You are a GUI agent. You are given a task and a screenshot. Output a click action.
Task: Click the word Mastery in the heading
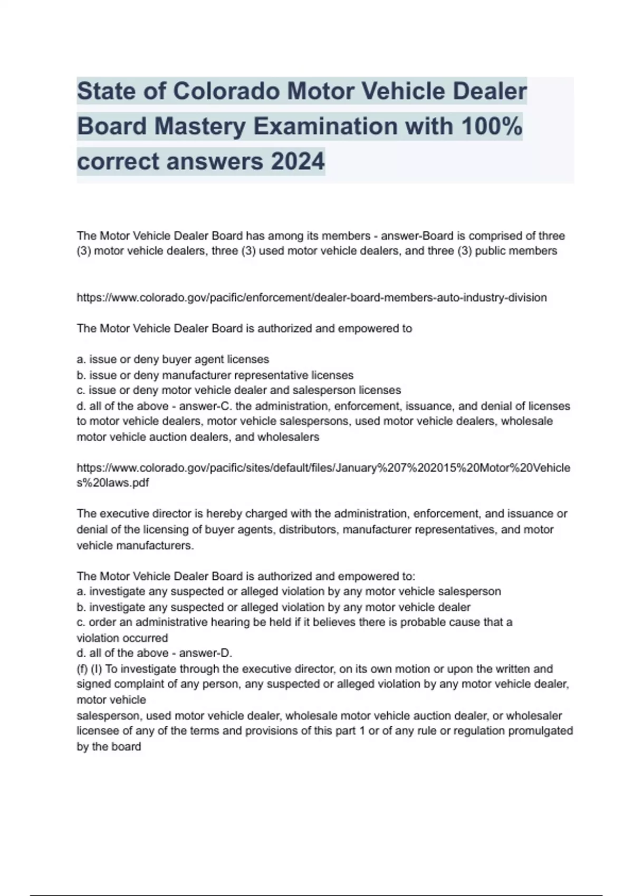pos(200,126)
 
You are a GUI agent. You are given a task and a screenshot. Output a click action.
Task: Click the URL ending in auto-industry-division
pos(311,298)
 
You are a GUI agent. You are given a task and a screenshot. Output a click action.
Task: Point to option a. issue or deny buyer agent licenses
pos(173,359)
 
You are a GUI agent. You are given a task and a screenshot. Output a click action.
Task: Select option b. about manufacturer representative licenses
pos(215,375)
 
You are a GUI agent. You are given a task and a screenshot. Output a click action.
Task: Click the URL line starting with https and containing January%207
pos(323,468)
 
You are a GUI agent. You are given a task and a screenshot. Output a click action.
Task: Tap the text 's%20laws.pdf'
pos(113,483)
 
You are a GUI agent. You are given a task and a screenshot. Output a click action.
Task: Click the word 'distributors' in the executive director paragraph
pos(308,530)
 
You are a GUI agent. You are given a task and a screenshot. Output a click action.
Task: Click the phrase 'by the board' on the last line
pos(109,747)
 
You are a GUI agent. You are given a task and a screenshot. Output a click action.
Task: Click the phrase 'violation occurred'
pos(122,638)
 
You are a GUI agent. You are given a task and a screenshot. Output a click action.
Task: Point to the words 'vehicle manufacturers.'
pos(136,546)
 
